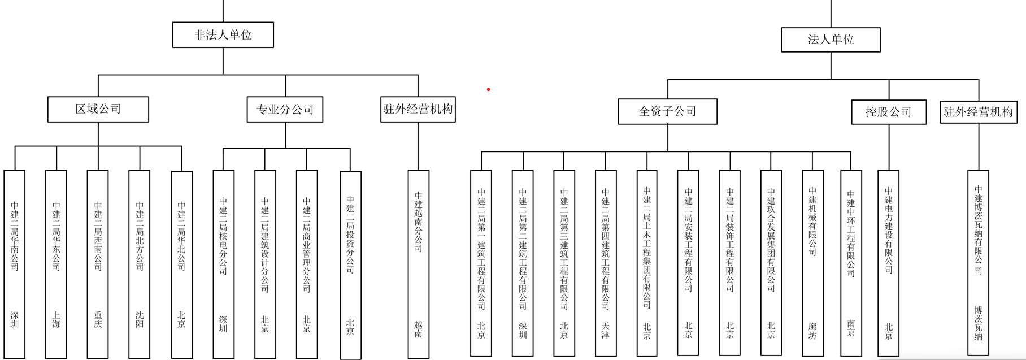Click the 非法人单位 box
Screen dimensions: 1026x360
tap(223, 35)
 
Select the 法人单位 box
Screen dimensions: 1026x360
tap(830, 40)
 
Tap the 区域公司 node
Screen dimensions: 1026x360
tap(98, 109)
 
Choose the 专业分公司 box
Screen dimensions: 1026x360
tap(285, 109)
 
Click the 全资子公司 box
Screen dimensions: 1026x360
tap(667, 111)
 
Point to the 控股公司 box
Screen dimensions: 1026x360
tap(888, 112)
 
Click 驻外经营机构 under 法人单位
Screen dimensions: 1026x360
tap(978, 112)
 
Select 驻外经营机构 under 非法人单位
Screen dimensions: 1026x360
tap(418, 109)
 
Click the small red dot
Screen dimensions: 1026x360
tap(488, 89)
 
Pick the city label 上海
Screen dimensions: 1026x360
tap(56, 319)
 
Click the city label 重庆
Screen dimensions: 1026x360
tap(98, 319)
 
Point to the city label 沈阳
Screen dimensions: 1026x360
tap(140, 319)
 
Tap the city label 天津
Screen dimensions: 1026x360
tap(605, 330)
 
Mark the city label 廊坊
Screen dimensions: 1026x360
tap(812, 331)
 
